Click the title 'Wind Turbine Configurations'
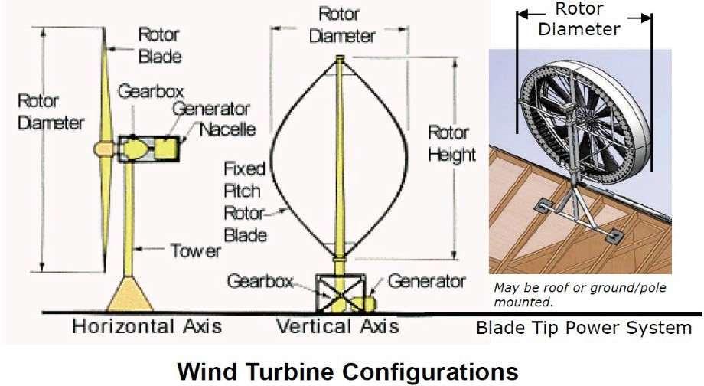pyautogui.click(x=347, y=371)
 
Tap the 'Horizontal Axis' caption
pyautogui.click(x=147, y=326)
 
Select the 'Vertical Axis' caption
pyautogui.click(x=337, y=326)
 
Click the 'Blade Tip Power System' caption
pyautogui.click(x=583, y=329)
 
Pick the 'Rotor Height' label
pyautogui.click(x=451, y=143)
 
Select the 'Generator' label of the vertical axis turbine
pyautogui.click(x=426, y=281)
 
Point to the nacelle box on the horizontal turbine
pyautogui.click(x=149, y=148)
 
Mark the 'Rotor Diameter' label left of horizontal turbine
pyautogui.click(x=50, y=113)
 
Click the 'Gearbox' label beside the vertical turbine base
pyautogui.click(x=259, y=281)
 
